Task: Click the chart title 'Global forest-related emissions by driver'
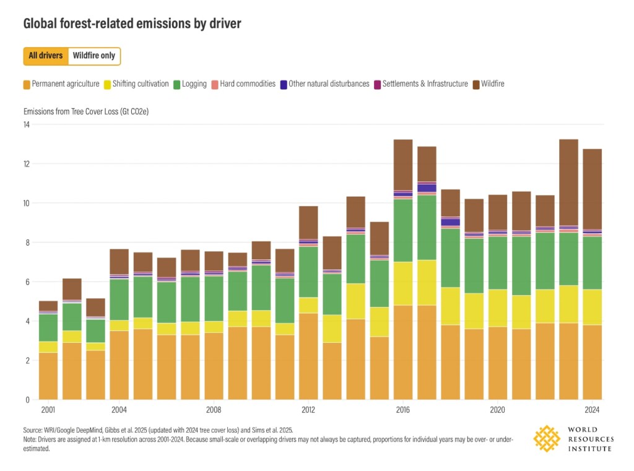click(132, 24)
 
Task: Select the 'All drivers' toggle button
click(46, 56)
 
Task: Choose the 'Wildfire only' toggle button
click(93, 56)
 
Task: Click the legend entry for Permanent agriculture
click(61, 84)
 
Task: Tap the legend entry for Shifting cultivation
click(136, 84)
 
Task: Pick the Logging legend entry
click(190, 84)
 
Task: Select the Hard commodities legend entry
click(243, 84)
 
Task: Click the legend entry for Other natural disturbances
click(324, 84)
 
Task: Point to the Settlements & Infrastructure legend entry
click(420, 84)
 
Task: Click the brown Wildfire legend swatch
click(476, 84)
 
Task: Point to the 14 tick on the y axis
click(26, 124)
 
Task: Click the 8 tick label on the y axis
click(27, 243)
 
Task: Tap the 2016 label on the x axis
click(402, 410)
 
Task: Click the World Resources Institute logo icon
click(547, 438)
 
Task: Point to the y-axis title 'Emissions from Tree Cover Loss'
click(86, 112)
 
